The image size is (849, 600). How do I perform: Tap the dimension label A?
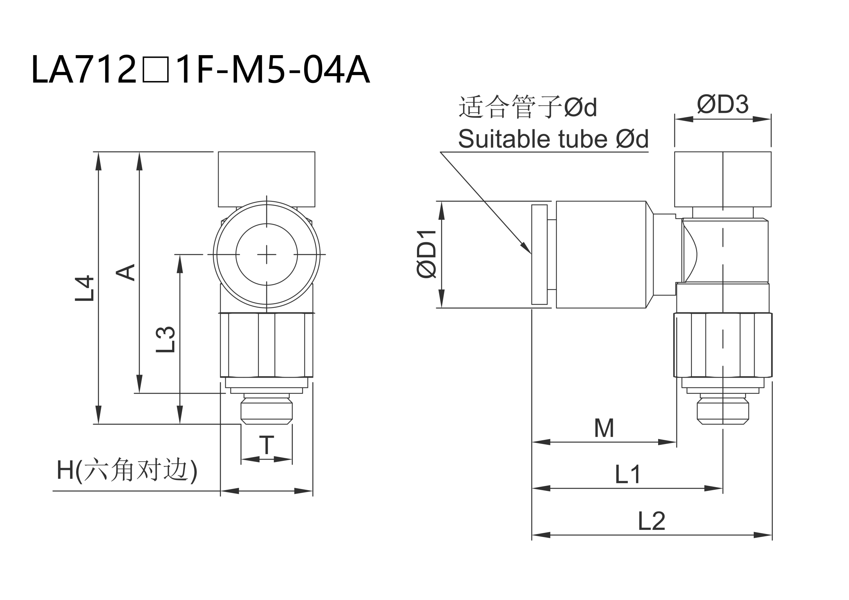125,272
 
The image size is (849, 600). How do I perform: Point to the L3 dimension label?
166,339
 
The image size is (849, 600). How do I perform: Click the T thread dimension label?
267,445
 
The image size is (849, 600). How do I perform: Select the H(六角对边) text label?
127,469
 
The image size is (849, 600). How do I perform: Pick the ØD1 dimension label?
427,255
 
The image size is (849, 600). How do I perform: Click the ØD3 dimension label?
722,104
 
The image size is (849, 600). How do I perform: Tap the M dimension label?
604,428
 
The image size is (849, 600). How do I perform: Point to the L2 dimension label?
652,521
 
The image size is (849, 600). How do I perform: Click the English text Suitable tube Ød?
553,139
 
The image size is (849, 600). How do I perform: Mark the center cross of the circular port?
267,255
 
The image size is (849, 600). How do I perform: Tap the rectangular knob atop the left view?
267,179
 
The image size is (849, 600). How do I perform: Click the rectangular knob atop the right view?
723,179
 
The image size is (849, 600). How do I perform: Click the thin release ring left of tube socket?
539,255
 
